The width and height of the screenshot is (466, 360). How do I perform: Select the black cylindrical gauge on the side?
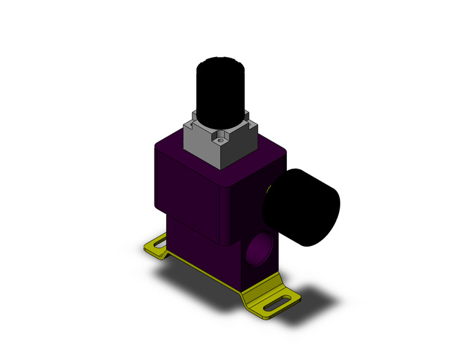(302, 207)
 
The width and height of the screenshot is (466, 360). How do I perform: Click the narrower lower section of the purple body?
(196, 239)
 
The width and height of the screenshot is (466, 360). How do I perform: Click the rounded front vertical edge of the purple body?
(226, 209)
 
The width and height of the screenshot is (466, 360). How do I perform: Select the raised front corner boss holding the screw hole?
(221, 138)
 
